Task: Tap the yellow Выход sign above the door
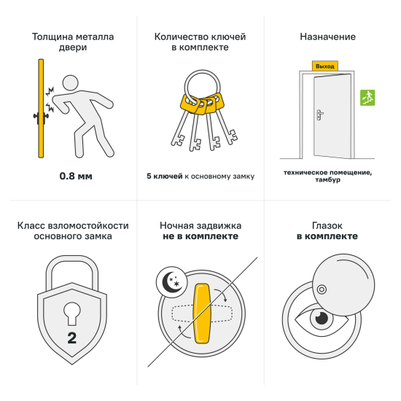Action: [x=324, y=66]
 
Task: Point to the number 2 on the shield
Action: [x=71, y=338]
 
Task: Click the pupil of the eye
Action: [x=320, y=319]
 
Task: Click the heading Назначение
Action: [x=327, y=36]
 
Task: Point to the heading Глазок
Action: [x=327, y=225]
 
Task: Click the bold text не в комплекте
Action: [x=200, y=237]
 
